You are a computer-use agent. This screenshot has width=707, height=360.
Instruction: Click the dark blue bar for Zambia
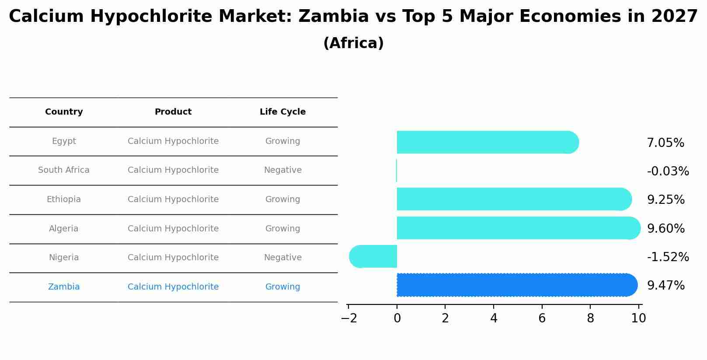(x=516, y=285)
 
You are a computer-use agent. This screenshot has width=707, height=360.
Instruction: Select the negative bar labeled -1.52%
(x=373, y=256)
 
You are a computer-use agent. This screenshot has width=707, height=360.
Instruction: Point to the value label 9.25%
(x=665, y=200)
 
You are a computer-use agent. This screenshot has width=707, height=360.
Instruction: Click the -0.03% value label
(x=668, y=171)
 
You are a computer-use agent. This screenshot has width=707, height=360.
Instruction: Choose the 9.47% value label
(x=665, y=286)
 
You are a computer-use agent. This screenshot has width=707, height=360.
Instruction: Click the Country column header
(x=64, y=112)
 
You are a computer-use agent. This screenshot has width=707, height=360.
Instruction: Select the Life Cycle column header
(x=282, y=112)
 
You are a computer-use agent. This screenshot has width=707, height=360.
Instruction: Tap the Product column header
(x=173, y=112)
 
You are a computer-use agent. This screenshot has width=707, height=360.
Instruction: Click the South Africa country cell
(x=64, y=170)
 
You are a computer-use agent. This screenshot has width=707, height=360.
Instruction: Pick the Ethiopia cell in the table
(x=64, y=199)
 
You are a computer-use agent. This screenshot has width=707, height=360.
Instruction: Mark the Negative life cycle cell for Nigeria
(x=282, y=258)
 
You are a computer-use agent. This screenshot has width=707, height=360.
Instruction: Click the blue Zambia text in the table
(x=64, y=287)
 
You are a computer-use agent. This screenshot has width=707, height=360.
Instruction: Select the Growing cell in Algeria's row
(x=282, y=229)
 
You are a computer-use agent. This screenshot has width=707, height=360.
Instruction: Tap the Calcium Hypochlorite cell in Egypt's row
(x=173, y=141)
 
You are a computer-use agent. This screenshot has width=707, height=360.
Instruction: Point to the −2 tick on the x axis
(x=349, y=318)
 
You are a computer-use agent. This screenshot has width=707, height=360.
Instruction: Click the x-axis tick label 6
(x=542, y=318)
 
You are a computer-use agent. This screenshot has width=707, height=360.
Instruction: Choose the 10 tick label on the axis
(x=638, y=318)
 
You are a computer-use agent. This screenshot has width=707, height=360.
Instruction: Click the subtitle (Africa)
(x=353, y=43)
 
